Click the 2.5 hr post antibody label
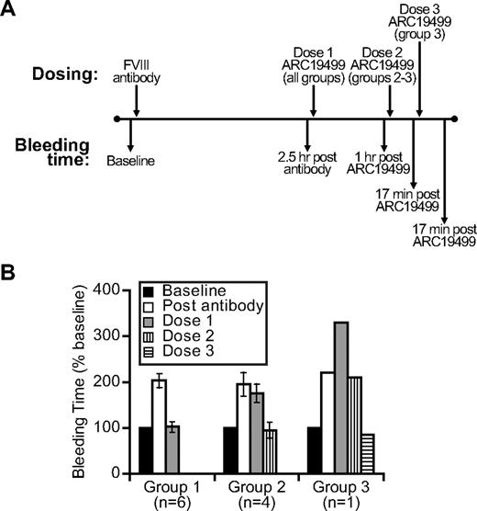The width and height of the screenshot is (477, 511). [x=313, y=165]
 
